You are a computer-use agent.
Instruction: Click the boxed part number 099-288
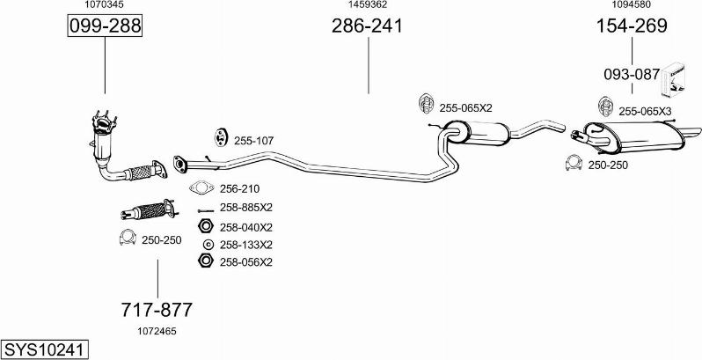105,26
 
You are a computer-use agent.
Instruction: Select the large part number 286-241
367,26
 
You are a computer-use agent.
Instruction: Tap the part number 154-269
632,26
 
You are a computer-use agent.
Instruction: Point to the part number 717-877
157,310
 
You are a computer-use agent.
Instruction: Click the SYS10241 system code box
44,349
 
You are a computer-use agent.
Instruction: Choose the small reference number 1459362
368,4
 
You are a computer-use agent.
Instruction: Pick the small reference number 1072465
157,331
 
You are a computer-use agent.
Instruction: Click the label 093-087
632,74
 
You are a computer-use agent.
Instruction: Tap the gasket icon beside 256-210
201,188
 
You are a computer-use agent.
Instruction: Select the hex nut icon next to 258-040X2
205,226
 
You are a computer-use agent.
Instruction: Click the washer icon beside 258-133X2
208,245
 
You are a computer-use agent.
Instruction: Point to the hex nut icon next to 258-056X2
205,261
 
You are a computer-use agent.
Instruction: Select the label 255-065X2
465,108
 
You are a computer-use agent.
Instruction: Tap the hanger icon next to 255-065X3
605,107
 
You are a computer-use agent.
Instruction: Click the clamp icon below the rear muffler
574,163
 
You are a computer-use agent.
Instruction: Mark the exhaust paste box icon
674,80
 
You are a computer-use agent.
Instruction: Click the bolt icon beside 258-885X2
206,210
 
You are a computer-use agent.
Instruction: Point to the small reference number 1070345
105,4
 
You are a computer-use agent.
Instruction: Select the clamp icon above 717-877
128,238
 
